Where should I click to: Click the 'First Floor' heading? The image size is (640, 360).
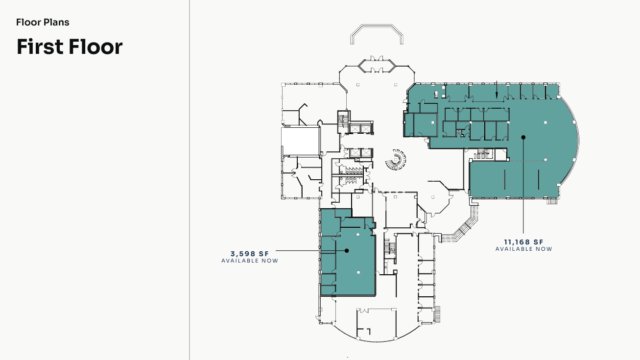click(x=70, y=47)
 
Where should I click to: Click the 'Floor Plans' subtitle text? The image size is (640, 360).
click(x=43, y=23)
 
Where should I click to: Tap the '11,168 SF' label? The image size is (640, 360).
click(x=524, y=242)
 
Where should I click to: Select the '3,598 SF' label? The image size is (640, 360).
click(x=250, y=254)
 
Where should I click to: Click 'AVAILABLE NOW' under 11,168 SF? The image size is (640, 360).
click(x=524, y=249)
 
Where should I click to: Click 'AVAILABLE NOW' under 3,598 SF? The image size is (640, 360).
click(x=250, y=261)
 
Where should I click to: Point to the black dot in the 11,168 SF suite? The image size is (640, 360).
click(x=523, y=138)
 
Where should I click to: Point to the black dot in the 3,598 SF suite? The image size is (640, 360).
click(x=347, y=251)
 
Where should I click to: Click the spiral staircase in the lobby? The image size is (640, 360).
click(x=396, y=160)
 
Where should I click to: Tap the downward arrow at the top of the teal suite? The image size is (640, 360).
click(x=497, y=90)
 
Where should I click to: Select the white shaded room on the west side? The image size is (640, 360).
click(x=300, y=141)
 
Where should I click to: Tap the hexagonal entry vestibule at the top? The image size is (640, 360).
click(x=377, y=66)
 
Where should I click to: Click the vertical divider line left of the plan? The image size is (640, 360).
click(x=189, y=180)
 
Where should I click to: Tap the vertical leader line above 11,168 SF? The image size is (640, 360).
click(x=523, y=186)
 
